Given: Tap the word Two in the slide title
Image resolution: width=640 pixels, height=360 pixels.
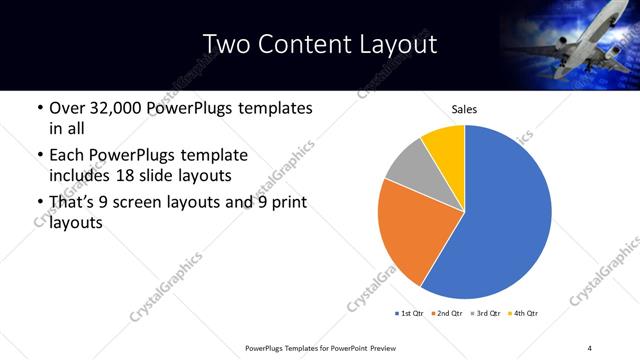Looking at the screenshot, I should (x=228, y=44).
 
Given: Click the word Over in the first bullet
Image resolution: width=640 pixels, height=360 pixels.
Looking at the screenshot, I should (x=67, y=108).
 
